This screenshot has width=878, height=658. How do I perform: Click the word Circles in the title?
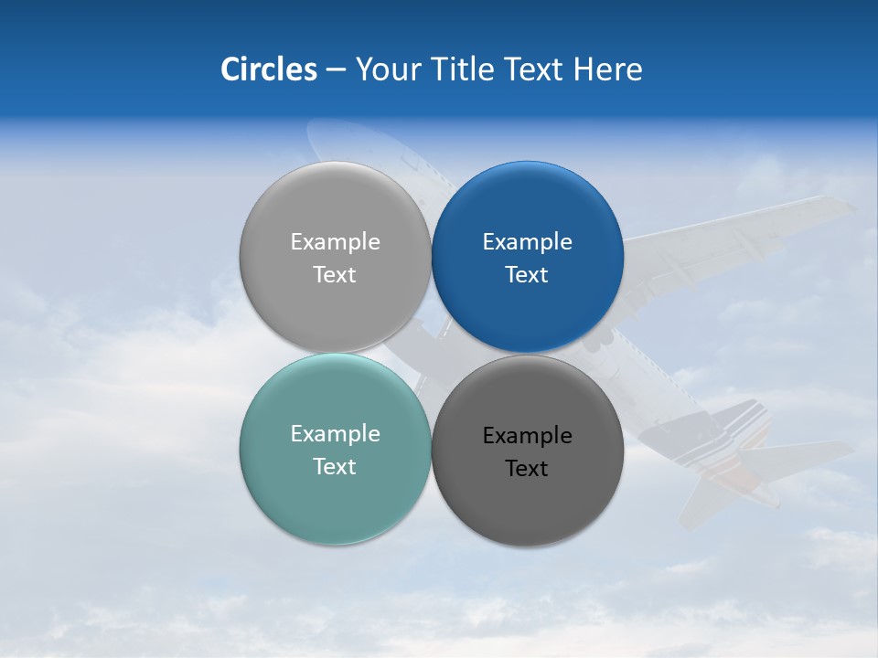coord(269,69)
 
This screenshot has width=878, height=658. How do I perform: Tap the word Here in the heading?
coord(607,69)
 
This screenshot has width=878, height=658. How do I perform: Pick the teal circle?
coord(335,498)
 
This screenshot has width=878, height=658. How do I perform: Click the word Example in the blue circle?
coord(527,242)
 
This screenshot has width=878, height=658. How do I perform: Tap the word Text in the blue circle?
coord(527,275)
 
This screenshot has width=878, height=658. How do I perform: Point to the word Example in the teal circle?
coord(335,434)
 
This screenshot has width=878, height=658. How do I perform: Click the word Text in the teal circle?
coord(335,467)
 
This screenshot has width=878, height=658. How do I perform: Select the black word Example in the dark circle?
coord(527,436)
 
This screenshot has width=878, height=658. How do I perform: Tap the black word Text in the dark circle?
coord(527,469)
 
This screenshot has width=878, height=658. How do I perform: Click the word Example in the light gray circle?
coord(335,242)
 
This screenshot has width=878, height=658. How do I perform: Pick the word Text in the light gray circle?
coord(335,275)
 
